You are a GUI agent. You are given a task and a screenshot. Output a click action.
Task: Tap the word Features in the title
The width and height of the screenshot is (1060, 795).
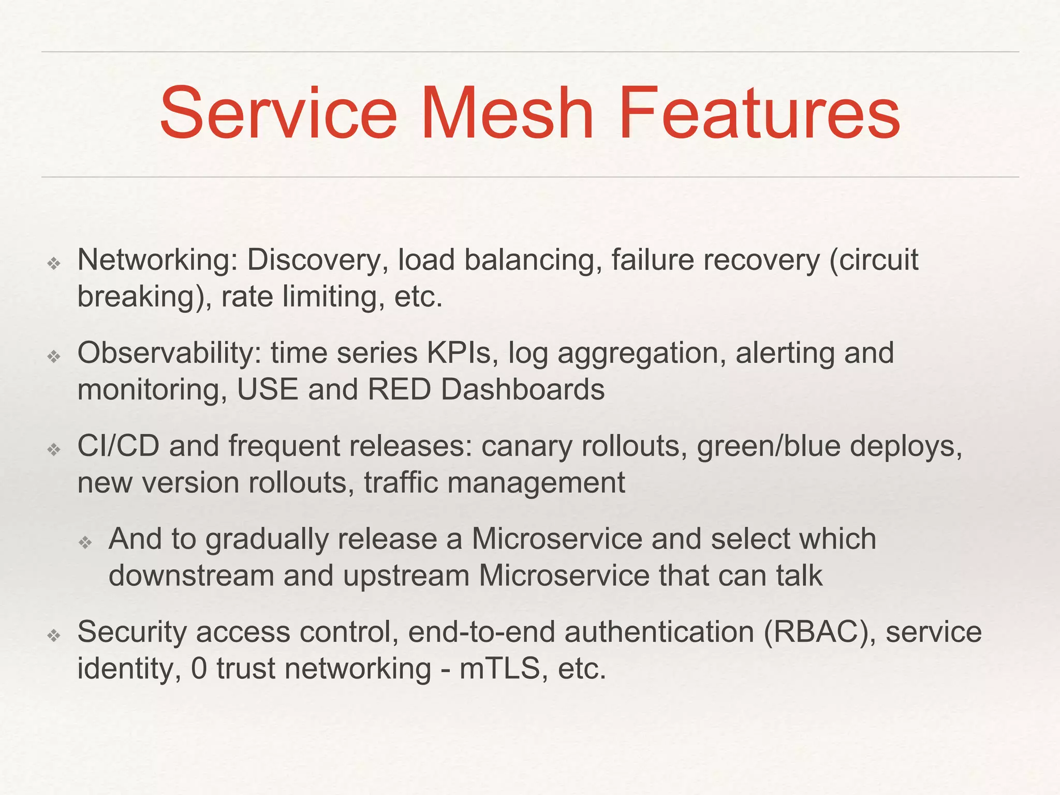pos(759,114)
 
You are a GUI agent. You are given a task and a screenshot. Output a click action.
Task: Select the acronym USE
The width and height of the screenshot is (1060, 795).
pos(268,390)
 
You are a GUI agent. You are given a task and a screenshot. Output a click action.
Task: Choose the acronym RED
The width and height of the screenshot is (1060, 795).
pos(400,390)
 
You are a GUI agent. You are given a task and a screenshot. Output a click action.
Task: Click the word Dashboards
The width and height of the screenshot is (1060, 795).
pos(523,390)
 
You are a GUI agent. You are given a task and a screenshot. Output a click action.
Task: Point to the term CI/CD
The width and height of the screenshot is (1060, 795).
pos(118,446)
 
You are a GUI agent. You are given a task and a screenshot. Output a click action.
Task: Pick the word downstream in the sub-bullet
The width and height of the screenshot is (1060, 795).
pos(191,576)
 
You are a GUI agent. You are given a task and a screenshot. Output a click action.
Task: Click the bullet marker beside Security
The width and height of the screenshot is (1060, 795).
pos(54,635)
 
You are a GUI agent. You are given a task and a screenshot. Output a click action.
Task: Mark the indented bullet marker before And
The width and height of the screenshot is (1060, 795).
pos(85,542)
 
